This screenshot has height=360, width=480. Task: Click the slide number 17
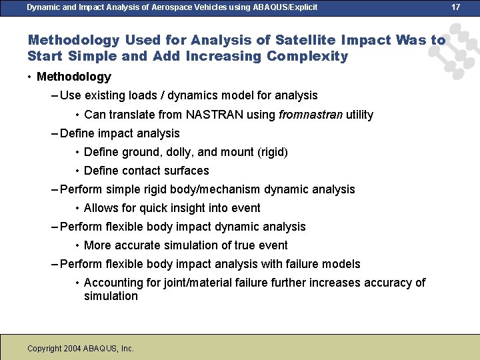coord(456,7)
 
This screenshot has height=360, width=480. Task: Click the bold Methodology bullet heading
coord(74,77)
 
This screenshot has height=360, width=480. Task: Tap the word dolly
coord(174,152)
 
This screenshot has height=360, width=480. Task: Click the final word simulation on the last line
coord(111,296)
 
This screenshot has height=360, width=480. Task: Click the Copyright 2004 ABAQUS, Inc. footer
coord(81,349)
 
